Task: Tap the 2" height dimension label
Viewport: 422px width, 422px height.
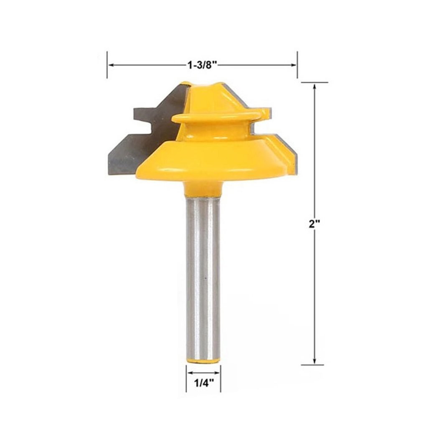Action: [x=314, y=224]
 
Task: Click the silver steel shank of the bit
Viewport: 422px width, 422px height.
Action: [x=203, y=276]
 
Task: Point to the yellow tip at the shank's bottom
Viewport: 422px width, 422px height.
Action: [x=203, y=360]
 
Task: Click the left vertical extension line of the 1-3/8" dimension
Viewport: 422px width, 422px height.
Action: [x=107, y=65]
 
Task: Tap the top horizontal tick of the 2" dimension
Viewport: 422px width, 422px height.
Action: [x=314, y=83]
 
